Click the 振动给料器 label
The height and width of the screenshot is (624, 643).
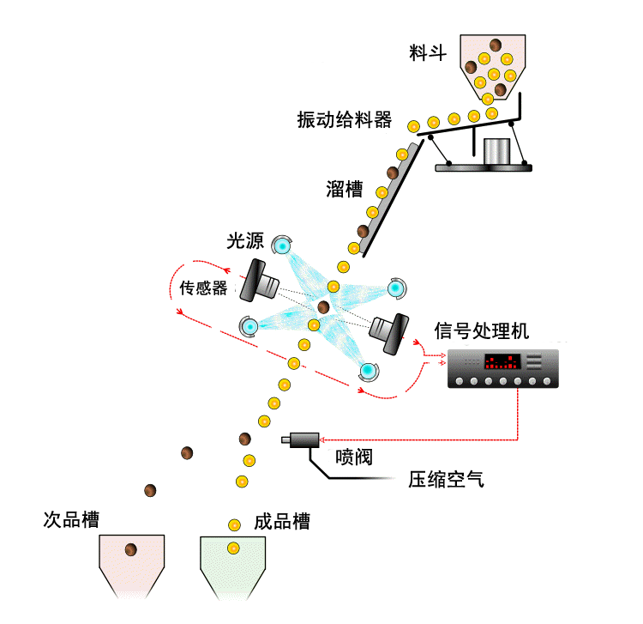click(x=344, y=119)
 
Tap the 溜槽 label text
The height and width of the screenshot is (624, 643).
click(x=345, y=189)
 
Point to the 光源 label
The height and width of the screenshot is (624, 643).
click(x=246, y=242)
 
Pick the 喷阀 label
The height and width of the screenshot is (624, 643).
click(x=353, y=458)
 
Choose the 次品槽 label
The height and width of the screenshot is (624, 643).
click(x=72, y=520)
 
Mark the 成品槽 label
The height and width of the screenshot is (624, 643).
click(x=282, y=521)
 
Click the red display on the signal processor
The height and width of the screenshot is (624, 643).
click(x=502, y=361)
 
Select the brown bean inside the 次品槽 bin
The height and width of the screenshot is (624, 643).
click(x=131, y=549)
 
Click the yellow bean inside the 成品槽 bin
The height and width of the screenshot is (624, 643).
click(x=231, y=548)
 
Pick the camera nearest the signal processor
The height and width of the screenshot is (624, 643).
click(x=387, y=330)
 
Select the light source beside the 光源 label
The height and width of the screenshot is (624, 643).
click(x=282, y=247)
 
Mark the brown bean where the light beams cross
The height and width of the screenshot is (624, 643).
click(x=323, y=306)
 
